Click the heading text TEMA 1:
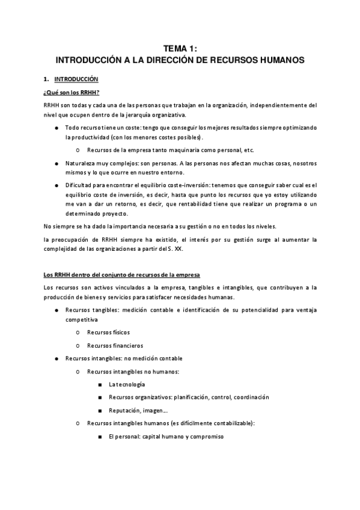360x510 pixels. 180,49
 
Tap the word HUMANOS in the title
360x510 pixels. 279,60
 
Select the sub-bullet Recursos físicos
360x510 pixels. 108,332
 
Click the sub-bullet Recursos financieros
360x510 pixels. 115,345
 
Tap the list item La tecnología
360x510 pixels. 127,384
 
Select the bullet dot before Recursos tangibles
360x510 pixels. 56,310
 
